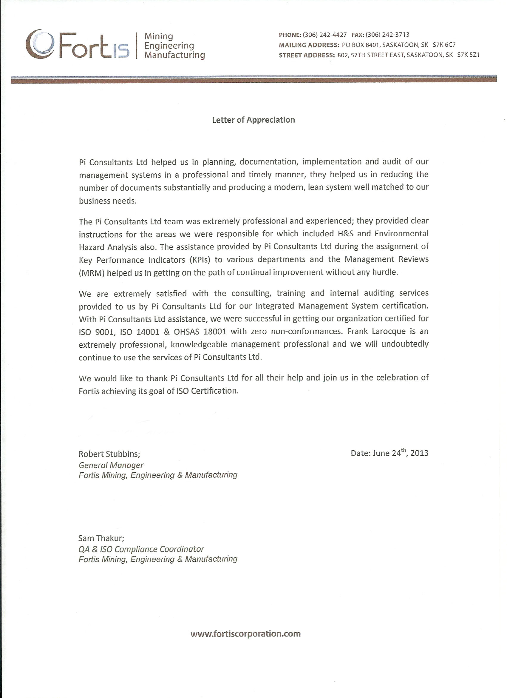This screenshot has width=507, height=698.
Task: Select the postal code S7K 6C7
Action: (444, 45)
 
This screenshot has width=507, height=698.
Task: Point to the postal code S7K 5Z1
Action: (468, 55)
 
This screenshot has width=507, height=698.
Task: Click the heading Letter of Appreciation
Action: (253, 120)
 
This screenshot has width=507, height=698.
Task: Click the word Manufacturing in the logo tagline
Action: (174, 56)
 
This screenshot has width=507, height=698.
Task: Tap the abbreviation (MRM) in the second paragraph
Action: (91, 273)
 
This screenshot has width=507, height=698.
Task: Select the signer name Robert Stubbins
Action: (109, 454)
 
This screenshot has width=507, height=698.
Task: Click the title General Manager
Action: (111, 465)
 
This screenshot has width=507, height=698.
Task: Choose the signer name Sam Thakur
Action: (101, 538)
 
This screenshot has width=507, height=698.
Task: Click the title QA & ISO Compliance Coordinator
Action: (141, 549)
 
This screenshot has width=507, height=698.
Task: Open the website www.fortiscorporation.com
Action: (245, 634)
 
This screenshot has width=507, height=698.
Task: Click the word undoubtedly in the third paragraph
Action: (405, 344)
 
